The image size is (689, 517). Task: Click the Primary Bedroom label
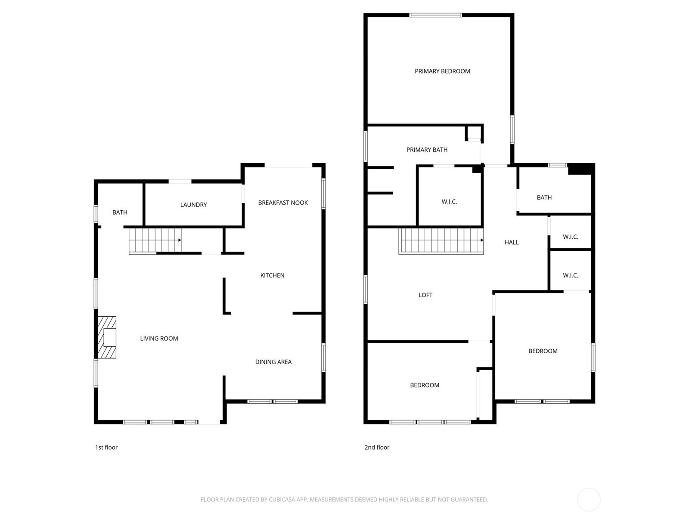click(442, 71)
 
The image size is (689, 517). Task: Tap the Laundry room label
click(193, 205)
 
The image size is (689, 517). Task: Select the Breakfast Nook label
click(283, 203)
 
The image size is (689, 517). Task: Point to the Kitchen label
click(272, 275)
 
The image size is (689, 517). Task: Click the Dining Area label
click(273, 362)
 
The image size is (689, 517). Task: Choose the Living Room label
click(159, 338)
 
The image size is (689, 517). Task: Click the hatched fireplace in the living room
click(107, 337)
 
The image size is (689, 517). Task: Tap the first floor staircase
click(155, 240)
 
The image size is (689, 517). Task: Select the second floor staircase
click(441, 240)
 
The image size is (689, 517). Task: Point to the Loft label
click(425, 295)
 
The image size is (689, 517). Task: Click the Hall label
click(511, 242)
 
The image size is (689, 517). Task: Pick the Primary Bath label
click(427, 150)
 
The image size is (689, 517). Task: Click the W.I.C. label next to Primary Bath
click(449, 202)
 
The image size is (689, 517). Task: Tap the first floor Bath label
click(120, 212)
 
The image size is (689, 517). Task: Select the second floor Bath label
click(544, 197)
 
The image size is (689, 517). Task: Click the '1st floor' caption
click(106, 447)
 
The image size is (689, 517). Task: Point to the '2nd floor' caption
click(377, 447)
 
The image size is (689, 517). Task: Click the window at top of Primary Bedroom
click(435, 15)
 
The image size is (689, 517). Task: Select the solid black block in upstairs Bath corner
click(580, 169)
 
